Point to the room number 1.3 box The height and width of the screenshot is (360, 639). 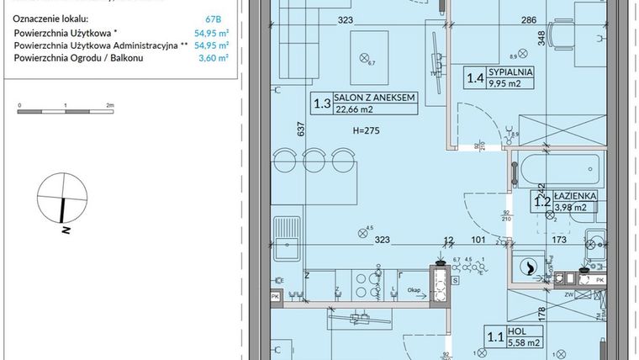[x=321, y=103]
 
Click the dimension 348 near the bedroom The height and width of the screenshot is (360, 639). [x=543, y=37]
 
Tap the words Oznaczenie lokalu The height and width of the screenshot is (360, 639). [x=50, y=18]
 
